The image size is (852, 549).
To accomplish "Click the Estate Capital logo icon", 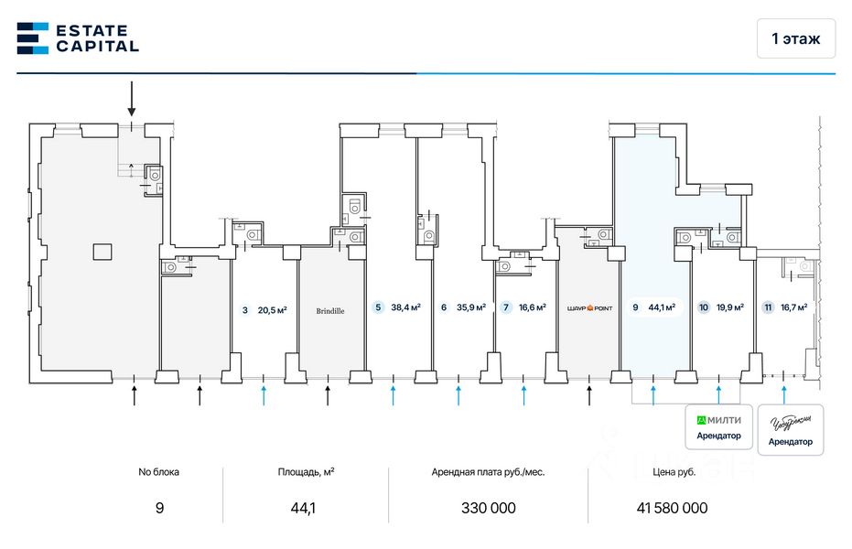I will click(32, 38).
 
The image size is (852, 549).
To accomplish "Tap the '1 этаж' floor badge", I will click(795, 38).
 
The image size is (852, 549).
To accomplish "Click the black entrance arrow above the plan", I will click(132, 98).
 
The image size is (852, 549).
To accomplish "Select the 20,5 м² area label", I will click(272, 310).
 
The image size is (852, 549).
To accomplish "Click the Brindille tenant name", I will click(330, 311).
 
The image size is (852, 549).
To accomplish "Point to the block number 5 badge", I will click(378, 308).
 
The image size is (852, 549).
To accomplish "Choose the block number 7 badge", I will click(506, 308).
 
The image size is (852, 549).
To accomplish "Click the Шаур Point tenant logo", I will click(588, 308).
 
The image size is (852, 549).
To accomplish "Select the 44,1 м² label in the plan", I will click(662, 308).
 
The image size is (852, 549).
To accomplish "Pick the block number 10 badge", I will click(703, 308).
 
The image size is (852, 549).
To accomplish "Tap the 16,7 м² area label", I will click(793, 308).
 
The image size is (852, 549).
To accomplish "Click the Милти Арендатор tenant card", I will click(719, 427).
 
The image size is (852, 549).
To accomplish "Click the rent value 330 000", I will click(487, 509).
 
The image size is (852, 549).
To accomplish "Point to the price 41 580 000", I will click(672, 509).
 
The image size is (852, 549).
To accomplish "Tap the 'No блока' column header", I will click(159, 472).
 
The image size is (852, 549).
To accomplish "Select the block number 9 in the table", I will click(159, 509).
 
